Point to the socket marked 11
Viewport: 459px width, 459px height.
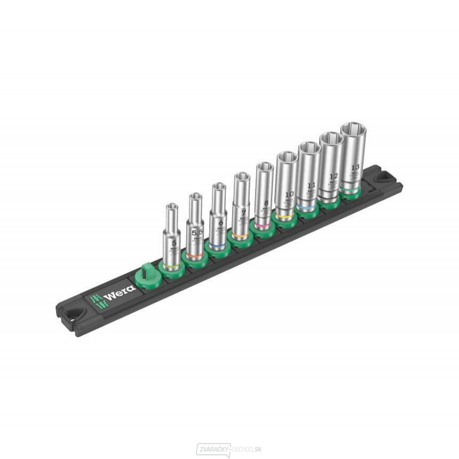click(x=309, y=176)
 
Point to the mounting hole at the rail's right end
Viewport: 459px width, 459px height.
click(x=383, y=176)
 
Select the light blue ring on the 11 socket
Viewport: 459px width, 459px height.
click(x=308, y=205)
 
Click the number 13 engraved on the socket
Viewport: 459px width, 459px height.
click(x=355, y=167)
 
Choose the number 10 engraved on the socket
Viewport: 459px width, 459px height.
click(x=289, y=194)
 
